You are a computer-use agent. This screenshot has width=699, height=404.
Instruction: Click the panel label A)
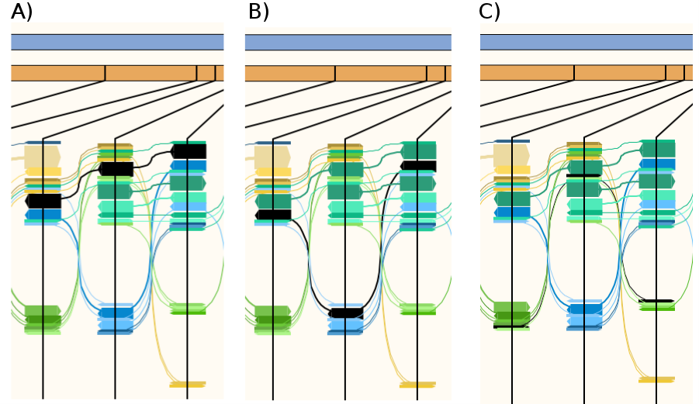coord(22,12)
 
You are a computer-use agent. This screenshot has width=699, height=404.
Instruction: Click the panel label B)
coord(258,12)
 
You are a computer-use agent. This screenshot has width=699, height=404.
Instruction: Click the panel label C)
coord(490,12)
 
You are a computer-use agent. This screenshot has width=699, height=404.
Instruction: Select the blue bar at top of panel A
coord(117,42)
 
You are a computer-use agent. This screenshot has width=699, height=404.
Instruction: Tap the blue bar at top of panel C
coord(586,42)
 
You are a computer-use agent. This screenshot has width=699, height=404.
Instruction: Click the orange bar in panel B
coord(348,73)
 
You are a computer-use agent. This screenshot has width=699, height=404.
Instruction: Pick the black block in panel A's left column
coord(43,201)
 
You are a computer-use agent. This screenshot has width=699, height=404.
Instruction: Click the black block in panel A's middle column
coord(116,168)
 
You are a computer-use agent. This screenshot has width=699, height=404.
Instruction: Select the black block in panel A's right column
coord(189,151)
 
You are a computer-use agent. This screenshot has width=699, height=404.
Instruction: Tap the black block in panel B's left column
coord(273,215)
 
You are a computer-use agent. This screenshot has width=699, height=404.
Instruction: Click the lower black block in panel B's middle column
coord(346,313)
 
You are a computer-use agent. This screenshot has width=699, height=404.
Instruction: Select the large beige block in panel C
coord(511,155)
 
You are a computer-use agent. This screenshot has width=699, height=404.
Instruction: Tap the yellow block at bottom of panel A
coord(188,384)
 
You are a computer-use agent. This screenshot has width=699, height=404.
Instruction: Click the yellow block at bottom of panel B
coord(417,384)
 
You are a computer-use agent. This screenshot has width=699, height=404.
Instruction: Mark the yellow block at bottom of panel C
coord(656,379)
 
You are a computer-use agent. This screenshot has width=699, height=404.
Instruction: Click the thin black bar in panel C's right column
coord(656,301)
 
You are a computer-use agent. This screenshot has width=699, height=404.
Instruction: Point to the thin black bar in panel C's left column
coord(511,326)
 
